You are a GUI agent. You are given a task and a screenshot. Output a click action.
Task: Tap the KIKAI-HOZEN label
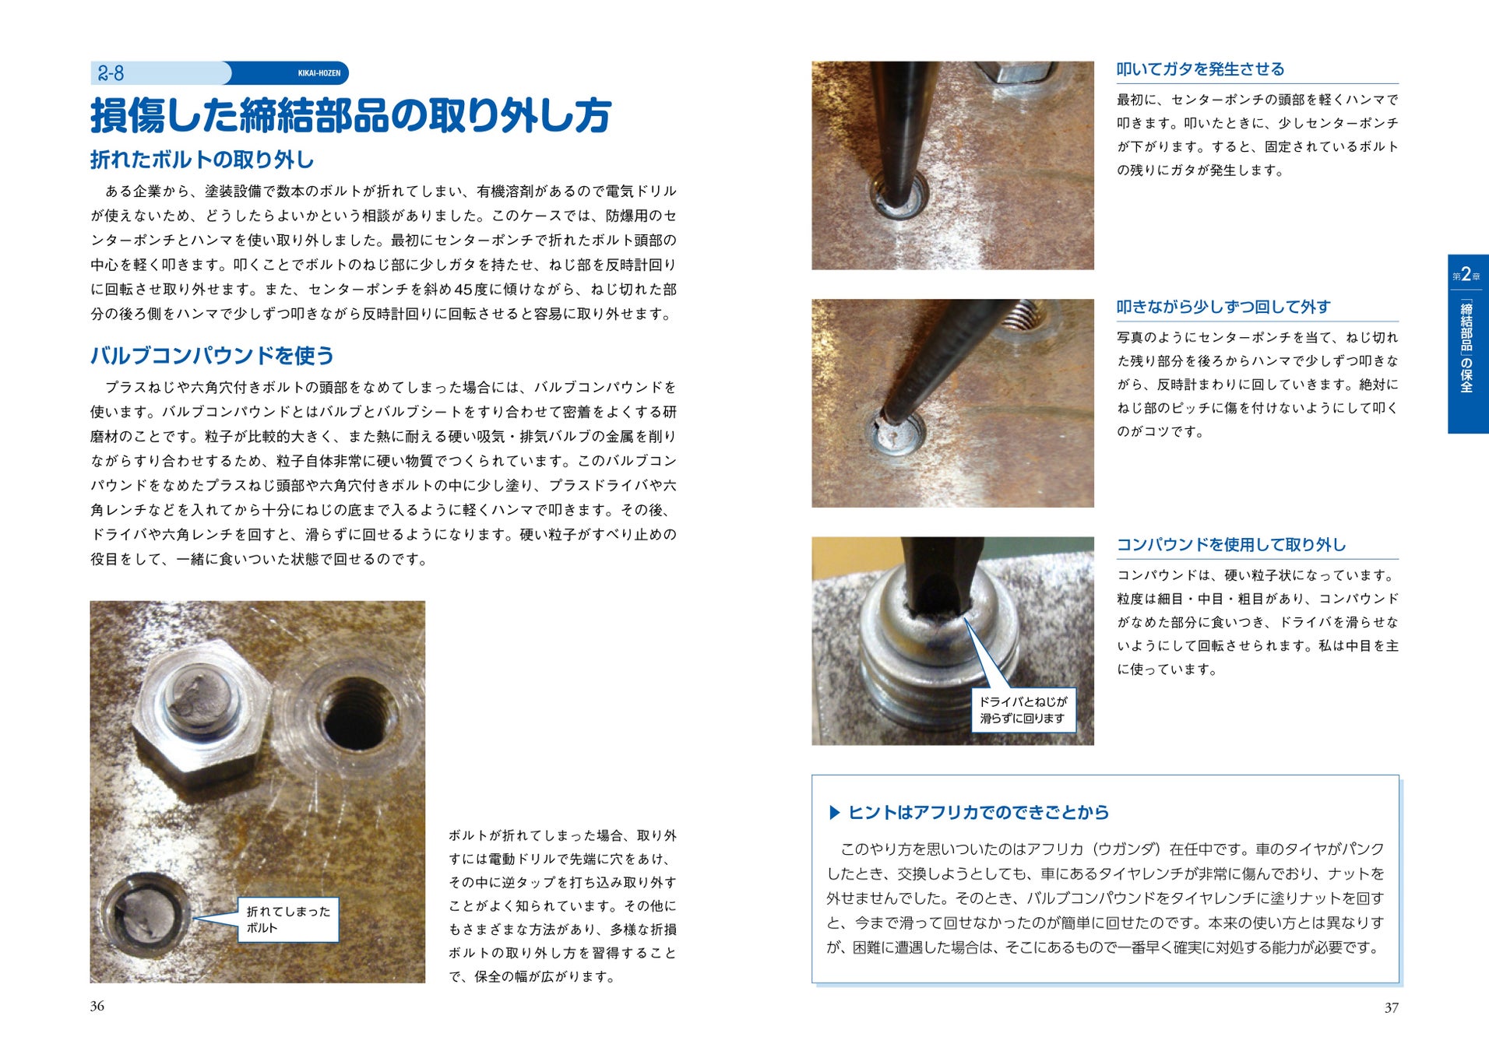tap(319, 73)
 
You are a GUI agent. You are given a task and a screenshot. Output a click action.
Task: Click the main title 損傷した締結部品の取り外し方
tap(350, 115)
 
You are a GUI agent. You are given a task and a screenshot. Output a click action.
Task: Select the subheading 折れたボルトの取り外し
tap(202, 160)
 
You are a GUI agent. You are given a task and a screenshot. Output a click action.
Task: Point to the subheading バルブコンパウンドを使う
tap(212, 356)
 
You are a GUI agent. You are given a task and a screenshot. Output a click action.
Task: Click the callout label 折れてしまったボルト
tap(288, 919)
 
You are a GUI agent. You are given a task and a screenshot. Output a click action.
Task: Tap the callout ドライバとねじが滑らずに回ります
tap(1023, 710)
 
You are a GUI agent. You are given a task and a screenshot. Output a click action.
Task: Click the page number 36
tap(97, 1006)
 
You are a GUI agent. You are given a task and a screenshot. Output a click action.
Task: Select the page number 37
tap(1391, 1007)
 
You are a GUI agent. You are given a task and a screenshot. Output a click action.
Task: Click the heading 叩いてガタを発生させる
tap(1200, 69)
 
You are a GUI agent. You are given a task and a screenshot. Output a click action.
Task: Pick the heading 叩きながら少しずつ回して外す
tap(1223, 307)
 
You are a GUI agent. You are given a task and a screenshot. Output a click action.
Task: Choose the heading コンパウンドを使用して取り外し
tap(1231, 545)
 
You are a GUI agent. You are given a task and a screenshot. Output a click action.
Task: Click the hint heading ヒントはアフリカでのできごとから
tap(978, 812)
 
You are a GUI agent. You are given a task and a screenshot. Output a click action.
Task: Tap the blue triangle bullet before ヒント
tap(835, 813)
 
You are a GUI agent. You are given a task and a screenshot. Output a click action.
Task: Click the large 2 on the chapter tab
tap(1466, 274)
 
